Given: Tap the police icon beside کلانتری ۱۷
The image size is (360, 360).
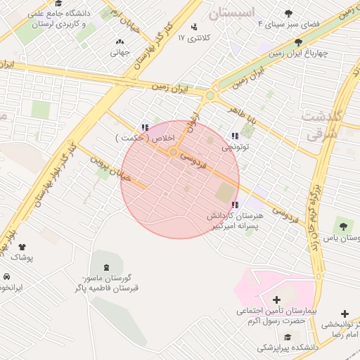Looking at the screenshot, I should tap(194, 37).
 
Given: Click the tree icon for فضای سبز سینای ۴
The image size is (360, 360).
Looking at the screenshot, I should tap(289, 13).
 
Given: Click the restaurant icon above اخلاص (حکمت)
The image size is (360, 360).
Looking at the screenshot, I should tap(145, 128).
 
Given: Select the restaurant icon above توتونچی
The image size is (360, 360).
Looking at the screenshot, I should tap(234, 136).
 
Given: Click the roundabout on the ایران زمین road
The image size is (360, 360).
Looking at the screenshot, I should tap(210, 95).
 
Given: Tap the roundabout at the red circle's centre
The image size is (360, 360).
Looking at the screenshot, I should tap(173, 152).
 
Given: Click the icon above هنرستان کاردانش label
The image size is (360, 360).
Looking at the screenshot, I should tap(234, 205).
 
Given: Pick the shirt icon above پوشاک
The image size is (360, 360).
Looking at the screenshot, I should tap(22, 247).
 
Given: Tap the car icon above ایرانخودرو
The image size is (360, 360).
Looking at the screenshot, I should tap(6, 276).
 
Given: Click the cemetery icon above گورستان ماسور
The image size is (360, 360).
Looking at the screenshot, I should tap(106, 266).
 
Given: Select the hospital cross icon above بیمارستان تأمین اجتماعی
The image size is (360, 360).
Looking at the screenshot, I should tap(276, 300).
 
